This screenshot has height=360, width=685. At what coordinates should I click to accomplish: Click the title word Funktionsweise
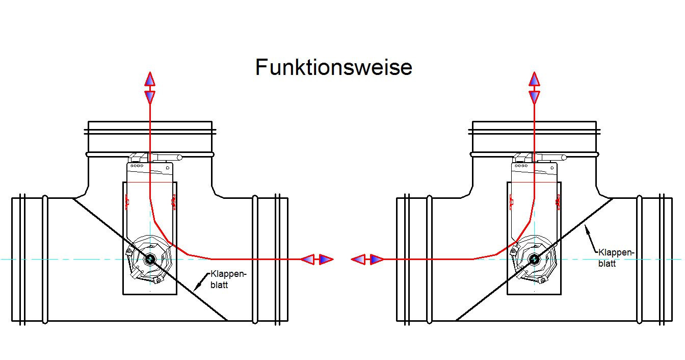pyautogui.click(x=334, y=67)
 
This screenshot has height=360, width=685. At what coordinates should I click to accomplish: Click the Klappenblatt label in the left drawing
pyautogui.click(x=228, y=279)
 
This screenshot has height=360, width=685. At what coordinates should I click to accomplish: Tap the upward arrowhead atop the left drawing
pyautogui.click(x=150, y=79)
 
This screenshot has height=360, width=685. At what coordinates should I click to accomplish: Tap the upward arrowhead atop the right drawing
pyautogui.click(x=534, y=79)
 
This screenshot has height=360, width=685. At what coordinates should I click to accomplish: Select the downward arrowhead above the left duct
pyautogui.click(x=150, y=97)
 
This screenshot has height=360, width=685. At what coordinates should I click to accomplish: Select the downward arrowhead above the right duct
pyautogui.click(x=534, y=97)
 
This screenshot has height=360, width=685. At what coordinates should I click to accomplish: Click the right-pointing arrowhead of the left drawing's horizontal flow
pyautogui.click(x=326, y=260)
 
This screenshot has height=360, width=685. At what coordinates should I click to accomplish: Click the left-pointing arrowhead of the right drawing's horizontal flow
pyautogui.click(x=358, y=260)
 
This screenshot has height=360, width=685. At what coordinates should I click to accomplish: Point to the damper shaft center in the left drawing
pyautogui.click(x=150, y=259)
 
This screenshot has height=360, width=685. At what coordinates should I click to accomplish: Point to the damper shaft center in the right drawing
pyautogui.click(x=534, y=259)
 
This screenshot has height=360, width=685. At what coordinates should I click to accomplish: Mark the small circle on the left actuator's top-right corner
pyautogui.click(x=168, y=168)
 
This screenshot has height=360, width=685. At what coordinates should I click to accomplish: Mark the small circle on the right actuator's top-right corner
pyautogui.click(x=552, y=168)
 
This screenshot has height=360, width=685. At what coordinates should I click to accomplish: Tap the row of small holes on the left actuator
pyautogui.click(x=137, y=166)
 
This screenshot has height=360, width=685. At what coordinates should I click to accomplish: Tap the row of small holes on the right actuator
pyautogui.click(x=521, y=166)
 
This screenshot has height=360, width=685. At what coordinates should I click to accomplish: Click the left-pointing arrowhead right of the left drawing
pyautogui.click(x=308, y=260)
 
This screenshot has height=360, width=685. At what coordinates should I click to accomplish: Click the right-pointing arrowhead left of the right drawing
pyautogui.click(x=377, y=260)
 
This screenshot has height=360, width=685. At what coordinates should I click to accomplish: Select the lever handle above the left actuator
pyautogui.click(x=167, y=158)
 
